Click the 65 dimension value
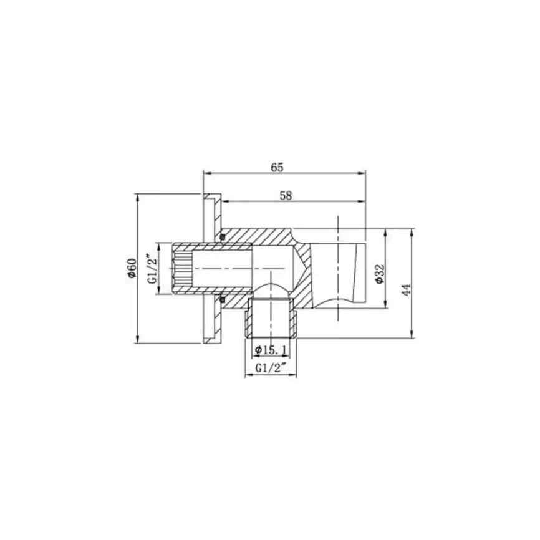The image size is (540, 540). (x=277, y=167)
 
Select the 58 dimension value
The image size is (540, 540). (x=286, y=195)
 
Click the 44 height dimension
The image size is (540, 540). (x=406, y=289)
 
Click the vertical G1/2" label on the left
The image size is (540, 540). (x=152, y=269)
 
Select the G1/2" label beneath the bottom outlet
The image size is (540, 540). (x=270, y=368)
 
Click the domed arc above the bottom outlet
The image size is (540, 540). (x=272, y=286)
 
